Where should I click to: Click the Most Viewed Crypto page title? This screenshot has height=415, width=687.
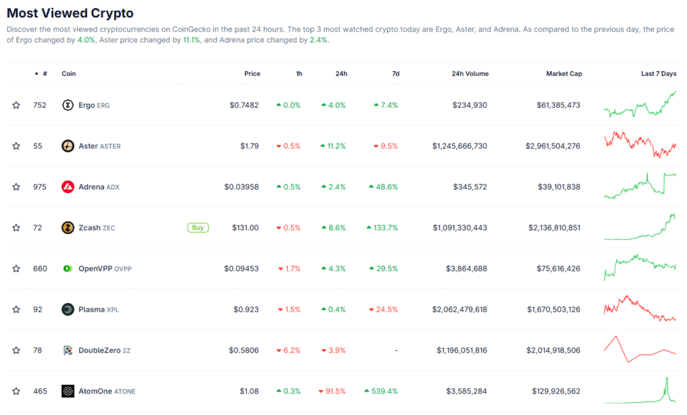[x=70, y=13]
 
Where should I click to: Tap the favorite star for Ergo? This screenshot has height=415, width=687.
[x=16, y=105]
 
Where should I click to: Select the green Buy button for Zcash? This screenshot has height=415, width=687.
[x=197, y=227]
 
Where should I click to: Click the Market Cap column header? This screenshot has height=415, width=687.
[x=564, y=74]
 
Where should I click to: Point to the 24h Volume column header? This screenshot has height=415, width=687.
[x=470, y=74]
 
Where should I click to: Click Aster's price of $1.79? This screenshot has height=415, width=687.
[x=250, y=146]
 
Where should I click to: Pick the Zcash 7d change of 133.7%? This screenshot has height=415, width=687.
[x=382, y=228]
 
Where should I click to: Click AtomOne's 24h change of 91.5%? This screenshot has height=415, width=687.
[x=333, y=391]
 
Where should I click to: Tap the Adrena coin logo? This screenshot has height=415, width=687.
[x=68, y=187]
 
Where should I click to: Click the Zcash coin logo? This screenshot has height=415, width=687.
[x=68, y=228]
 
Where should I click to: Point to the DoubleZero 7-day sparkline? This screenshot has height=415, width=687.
[x=640, y=349]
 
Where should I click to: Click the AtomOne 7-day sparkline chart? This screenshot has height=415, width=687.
[x=640, y=390]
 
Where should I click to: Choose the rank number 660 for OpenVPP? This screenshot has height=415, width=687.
[x=40, y=269]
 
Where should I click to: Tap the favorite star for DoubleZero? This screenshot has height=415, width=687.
[x=16, y=350]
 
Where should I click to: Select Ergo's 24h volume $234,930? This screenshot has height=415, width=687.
[x=470, y=105]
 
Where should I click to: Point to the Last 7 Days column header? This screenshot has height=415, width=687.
[x=659, y=74]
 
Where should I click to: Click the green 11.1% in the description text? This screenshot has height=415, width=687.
[x=192, y=40]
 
